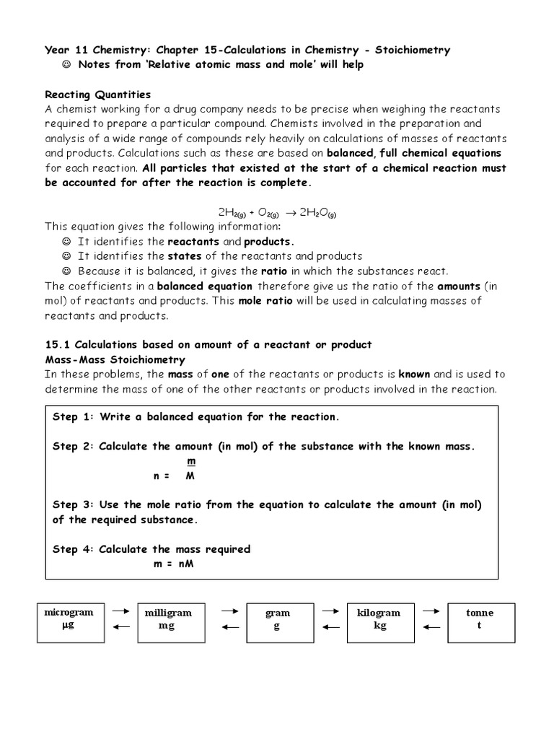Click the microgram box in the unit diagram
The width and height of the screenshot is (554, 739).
click(69, 619)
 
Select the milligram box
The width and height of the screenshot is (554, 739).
click(168, 619)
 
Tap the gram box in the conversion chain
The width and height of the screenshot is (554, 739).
click(277, 619)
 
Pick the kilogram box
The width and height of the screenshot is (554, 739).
click(379, 619)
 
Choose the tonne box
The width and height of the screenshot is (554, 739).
click(480, 619)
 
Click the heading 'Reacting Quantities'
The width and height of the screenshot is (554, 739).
click(98, 95)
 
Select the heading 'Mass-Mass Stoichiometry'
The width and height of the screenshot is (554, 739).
click(115, 359)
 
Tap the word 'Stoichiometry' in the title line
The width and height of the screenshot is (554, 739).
click(412, 50)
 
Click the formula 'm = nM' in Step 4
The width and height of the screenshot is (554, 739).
click(173, 564)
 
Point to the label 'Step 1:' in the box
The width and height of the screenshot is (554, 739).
click(74, 417)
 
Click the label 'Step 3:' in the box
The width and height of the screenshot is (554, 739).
click(74, 504)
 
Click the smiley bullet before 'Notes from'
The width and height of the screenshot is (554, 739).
click(67, 65)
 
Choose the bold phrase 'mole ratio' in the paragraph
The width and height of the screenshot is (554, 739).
click(266, 300)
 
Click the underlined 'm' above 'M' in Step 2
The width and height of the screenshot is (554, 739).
click(190, 461)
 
